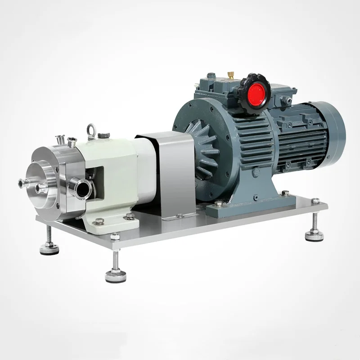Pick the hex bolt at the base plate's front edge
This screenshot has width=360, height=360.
115,236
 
